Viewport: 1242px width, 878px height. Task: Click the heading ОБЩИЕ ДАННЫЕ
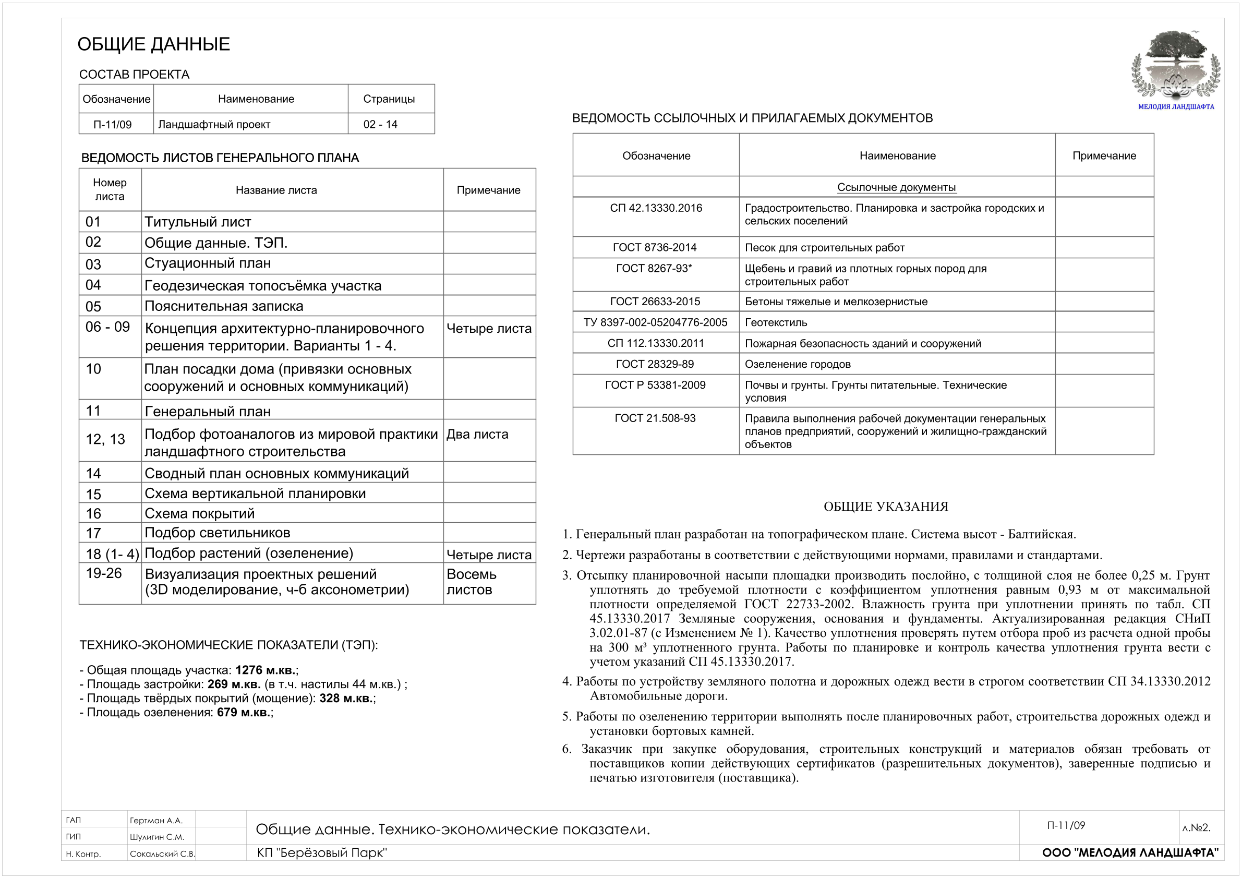pos(154,44)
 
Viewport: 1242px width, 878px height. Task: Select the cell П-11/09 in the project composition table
pos(113,125)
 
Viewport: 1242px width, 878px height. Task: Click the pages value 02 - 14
pos(380,125)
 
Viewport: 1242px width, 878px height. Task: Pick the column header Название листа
pos(276,190)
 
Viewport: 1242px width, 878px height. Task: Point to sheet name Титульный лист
pos(198,222)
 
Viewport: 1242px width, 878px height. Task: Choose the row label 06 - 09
pos(107,327)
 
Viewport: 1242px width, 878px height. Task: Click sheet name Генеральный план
pos(207,411)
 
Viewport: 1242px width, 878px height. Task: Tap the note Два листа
pos(477,435)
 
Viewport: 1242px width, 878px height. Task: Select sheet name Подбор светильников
pos(217,533)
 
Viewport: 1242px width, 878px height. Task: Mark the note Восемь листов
pos(471,582)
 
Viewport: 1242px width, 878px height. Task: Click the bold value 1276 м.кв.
pos(265,670)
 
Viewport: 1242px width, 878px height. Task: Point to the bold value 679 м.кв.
pos(244,713)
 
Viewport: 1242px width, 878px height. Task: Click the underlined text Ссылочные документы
pos(896,187)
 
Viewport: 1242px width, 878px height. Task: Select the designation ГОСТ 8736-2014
pos(655,248)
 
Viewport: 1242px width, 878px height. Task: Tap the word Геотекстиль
pos(776,322)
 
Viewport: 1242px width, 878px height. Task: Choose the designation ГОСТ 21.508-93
pos(655,418)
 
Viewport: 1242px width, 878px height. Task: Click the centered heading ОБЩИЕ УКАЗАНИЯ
pos(886,507)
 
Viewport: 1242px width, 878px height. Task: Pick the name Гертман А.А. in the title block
pos(156,821)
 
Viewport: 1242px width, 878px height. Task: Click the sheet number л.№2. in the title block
pos(1196,828)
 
